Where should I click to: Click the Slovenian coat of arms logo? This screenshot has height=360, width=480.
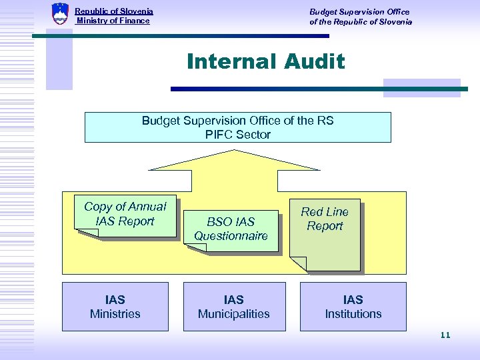(x=60, y=13)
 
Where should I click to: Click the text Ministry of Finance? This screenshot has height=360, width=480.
(x=113, y=21)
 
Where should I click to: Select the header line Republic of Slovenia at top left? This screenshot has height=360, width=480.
(x=114, y=11)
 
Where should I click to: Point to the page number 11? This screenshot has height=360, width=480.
(x=445, y=335)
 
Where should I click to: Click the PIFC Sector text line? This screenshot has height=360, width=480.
(x=238, y=134)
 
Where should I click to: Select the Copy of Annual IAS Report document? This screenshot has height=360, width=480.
(x=125, y=215)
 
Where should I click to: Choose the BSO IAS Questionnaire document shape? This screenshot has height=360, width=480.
(x=231, y=229)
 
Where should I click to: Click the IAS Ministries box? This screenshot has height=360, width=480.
(x=115, y=307)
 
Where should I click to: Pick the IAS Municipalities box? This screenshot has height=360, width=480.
(x=234, y=307)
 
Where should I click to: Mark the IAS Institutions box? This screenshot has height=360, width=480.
(x=353, y=307)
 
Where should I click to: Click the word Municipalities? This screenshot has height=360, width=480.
(x=234, y=314)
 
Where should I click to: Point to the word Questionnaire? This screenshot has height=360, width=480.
(x=231, y=235)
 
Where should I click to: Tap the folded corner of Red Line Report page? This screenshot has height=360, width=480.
(x=299, y=264)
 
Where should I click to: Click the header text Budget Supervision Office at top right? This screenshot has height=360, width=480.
(x=359, y=11)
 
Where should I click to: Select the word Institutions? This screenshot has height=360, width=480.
(x=353, y=314)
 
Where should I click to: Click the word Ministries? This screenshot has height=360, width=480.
(x=115, y=314)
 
